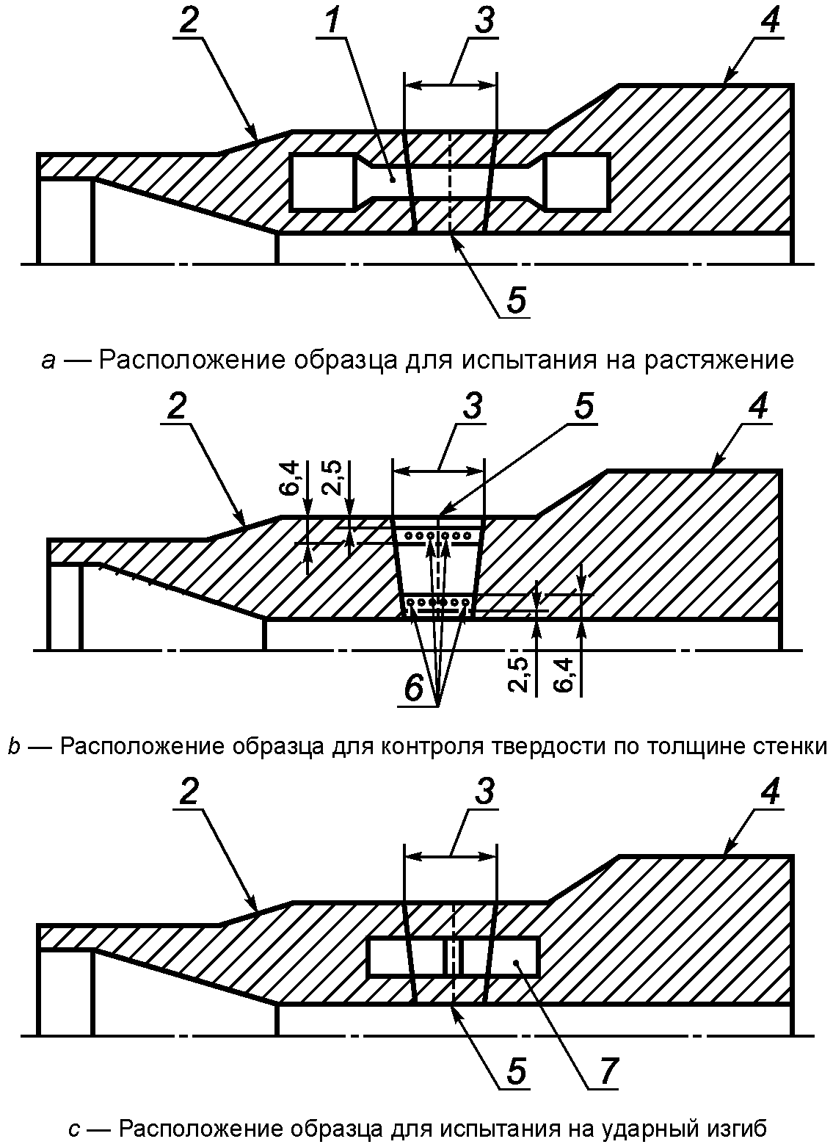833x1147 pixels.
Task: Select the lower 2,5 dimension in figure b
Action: (519, 674)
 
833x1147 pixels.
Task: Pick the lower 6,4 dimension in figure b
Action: (564, 674)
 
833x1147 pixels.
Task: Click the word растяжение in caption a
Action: (719, 360)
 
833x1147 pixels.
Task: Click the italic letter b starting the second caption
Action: (15, 746)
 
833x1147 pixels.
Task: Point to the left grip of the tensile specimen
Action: (323, 181)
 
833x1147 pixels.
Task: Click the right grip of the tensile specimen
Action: (577, 181)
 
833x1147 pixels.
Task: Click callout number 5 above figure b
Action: (583, 407)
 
